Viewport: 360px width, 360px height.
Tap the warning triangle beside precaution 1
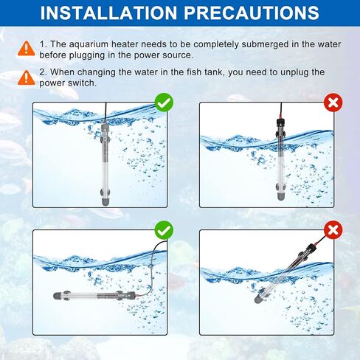click(x=27, y=49)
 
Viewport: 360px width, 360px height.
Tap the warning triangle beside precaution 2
click(x=27, y=77)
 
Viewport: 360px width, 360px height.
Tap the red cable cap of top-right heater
click(x=280, y=120)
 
